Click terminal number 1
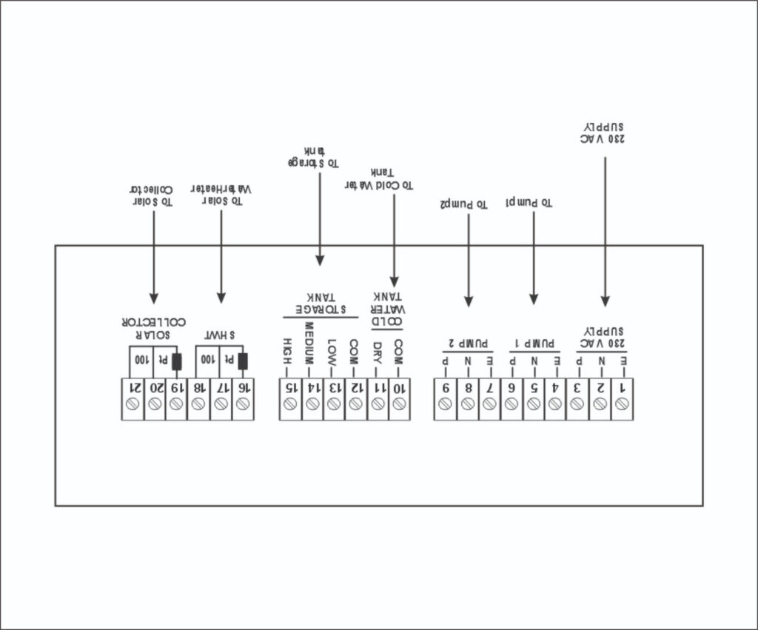tap(622, 387)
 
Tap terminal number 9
tap(446, 387)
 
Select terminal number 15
tap(290, 387)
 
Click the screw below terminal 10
tap(400, 404)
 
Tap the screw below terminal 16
tap(242, 404)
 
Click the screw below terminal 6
tap(512, 404)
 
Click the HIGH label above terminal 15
tap(289, 351)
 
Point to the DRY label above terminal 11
tap(378, 351)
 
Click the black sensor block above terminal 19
tap(176, 362)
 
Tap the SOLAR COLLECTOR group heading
tap(152, 327)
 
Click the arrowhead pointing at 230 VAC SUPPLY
tap(605, 301)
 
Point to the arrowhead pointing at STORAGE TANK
tap(319, 260)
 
